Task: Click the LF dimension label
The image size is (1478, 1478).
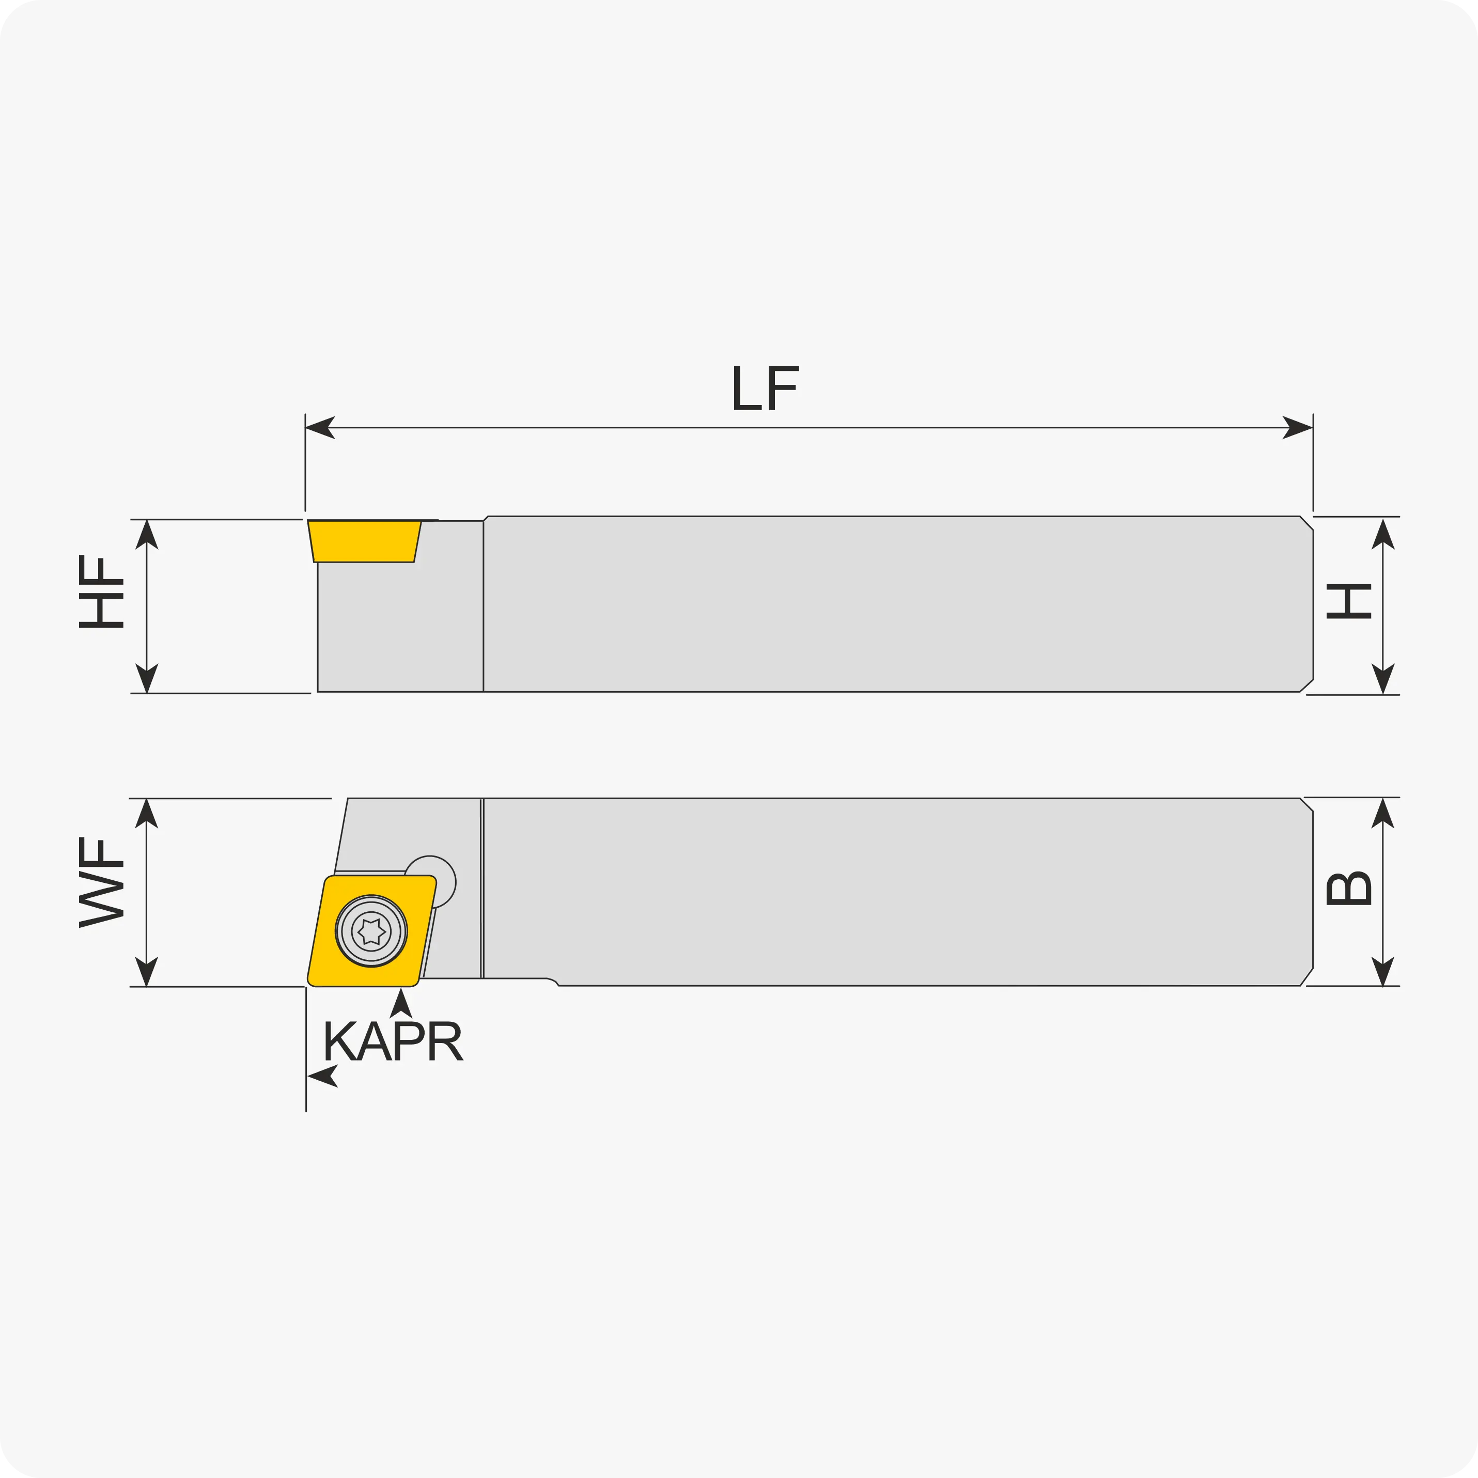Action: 766,388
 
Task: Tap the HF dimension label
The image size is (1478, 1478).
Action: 101,592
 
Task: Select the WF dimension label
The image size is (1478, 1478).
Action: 101,882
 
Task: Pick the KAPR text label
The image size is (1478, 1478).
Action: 393,1040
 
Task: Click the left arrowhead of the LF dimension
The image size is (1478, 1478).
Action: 320,428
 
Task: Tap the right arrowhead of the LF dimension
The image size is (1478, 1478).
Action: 1298,428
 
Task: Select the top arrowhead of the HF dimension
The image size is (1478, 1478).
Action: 147,534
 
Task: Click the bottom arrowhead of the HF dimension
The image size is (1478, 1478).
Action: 147,678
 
